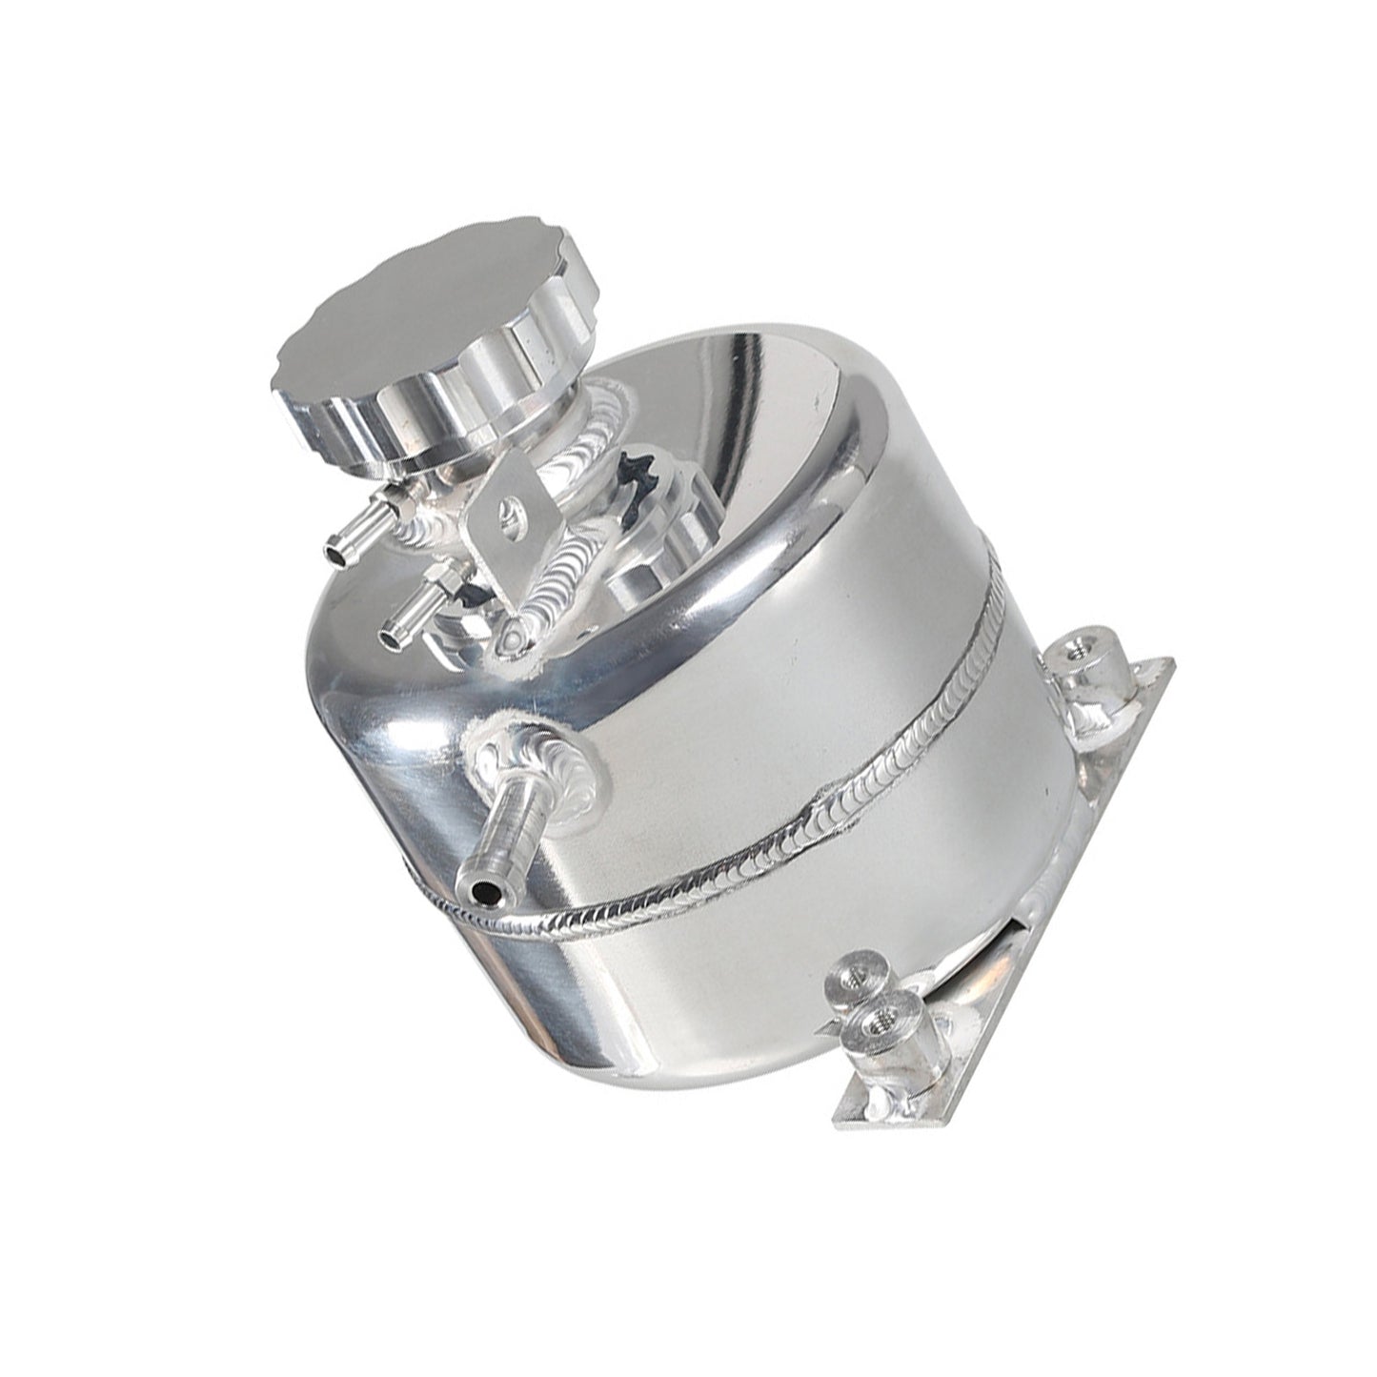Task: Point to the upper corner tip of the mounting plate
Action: click(x=1170, y=660)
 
